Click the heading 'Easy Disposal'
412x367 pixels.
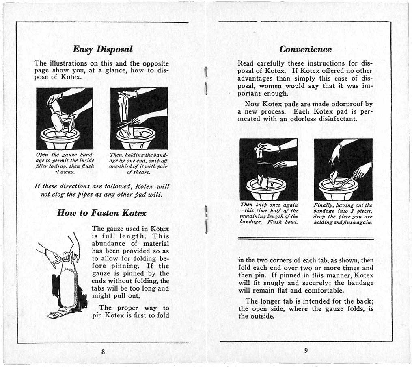(102, 49)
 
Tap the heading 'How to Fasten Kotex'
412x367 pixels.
(101, 212)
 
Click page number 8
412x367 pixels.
(103, 351)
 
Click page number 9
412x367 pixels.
(306, 351)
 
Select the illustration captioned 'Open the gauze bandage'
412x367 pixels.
(65, 118)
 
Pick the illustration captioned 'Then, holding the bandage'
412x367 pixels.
(139, 118)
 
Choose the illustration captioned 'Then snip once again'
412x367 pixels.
(268, 169)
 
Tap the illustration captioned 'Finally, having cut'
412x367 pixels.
(343, 169)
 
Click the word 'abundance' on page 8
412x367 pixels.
(109, 243)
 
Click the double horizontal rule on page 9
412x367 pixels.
(305, 238)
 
